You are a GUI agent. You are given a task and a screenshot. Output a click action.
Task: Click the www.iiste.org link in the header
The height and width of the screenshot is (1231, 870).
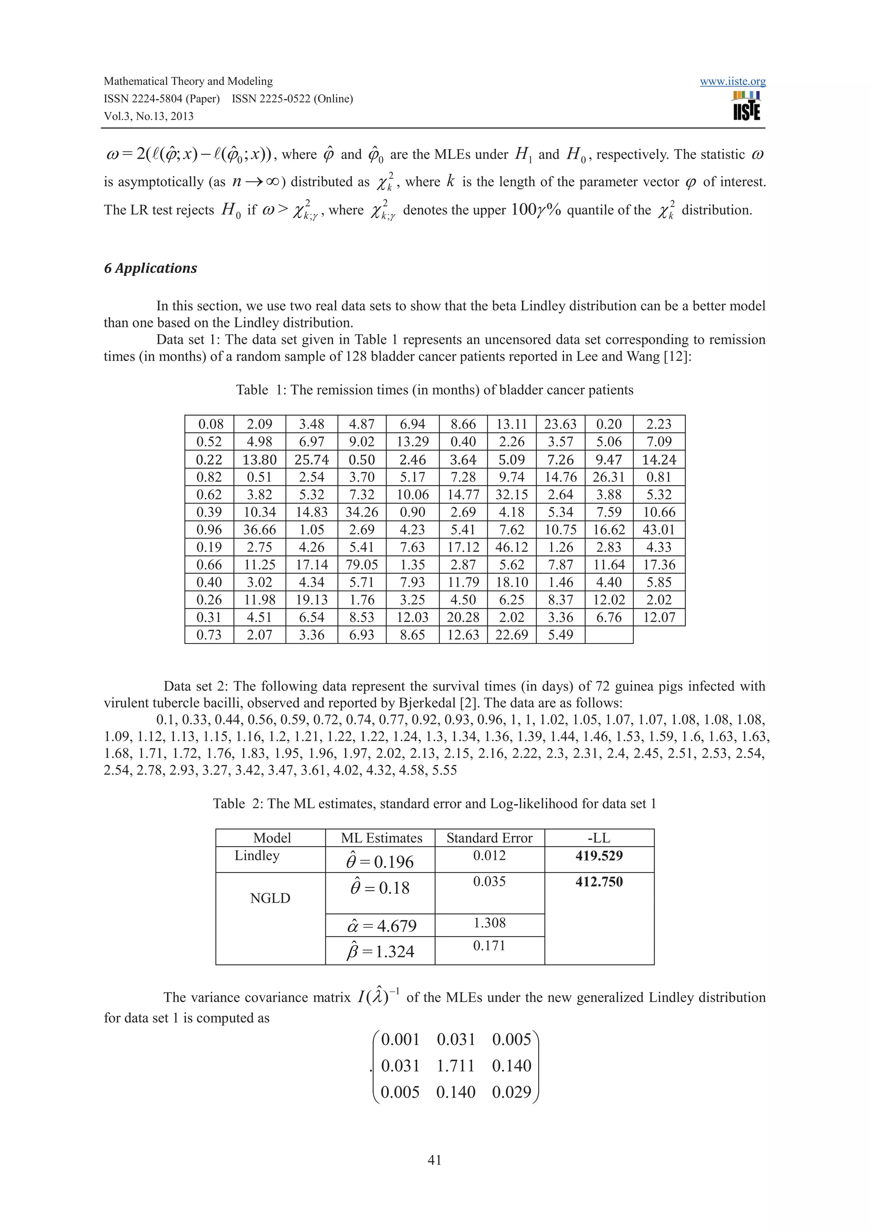click(x=732, y=82)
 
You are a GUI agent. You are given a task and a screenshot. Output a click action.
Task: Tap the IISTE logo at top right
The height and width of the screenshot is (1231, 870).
click(x=746, y=106)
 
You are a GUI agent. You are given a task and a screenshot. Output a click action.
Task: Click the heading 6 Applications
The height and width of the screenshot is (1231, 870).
click(x=151, y=268)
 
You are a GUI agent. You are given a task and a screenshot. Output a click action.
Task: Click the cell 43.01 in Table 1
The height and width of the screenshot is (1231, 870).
click(x=659, y=530)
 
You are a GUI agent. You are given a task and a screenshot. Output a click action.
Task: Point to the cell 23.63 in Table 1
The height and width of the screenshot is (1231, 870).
click(x=560, y=424)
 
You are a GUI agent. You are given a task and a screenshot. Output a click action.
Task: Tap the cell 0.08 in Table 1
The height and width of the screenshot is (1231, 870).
click(x=210, y=424)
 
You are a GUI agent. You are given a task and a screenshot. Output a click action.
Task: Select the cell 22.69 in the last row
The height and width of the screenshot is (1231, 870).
click(x=512, y=635)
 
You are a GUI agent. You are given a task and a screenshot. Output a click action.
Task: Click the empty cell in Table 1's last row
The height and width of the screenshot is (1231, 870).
click(x=609, y=635)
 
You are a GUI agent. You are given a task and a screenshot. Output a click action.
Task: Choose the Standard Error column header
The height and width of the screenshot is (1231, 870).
click(x=489, y=838)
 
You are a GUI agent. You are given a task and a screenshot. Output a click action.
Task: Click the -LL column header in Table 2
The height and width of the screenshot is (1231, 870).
click(x=599, y=838)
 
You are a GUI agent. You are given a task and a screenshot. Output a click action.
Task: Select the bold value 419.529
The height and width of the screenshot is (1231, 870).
click(x=599, y=855)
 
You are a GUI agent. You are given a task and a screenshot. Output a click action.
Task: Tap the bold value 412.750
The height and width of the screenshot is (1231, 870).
click(x=599, y=882)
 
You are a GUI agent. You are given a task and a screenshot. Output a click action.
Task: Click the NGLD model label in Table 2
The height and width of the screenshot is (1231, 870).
click(x=270, y=898)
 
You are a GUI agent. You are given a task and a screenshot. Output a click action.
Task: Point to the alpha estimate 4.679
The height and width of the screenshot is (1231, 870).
click(x=381, y=926)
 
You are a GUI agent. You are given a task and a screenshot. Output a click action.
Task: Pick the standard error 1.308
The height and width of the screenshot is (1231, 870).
click(x=489, y=923)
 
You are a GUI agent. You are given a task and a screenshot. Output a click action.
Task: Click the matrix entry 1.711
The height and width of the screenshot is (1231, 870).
click(x=456, y=1065)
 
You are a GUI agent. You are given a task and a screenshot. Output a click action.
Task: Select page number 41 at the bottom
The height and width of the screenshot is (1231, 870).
click(x=435, y=1160)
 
